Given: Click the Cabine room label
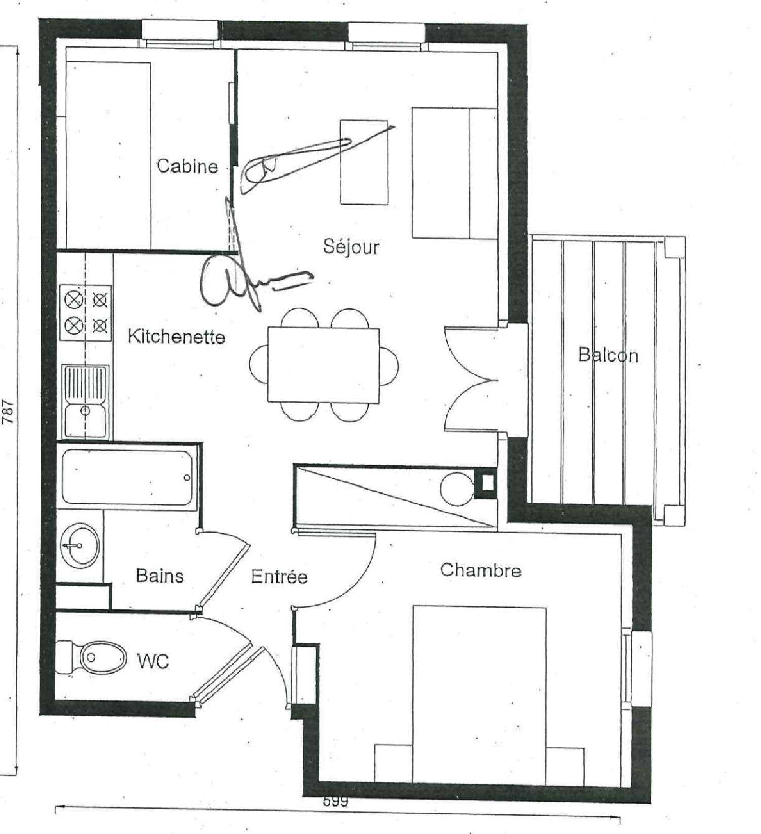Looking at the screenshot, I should pos(187,166).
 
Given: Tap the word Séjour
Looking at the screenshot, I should pos(351,247).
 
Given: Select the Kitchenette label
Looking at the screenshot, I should pos(176,337).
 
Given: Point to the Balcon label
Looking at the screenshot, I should pos(608,355).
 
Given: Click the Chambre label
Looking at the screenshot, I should pos(480,570).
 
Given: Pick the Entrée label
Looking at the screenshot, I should pos(280,577).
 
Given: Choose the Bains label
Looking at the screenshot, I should pos(159,576).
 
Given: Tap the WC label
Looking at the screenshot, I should pos(153,661).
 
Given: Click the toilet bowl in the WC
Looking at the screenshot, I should pos(99,657).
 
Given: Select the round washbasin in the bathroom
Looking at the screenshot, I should pos(80,546).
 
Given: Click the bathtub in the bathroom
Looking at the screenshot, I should pos(127,477).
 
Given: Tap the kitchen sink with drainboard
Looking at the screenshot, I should pos(85,402).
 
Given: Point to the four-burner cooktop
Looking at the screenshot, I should pos(86,312).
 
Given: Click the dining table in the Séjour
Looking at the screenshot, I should pos(324,365).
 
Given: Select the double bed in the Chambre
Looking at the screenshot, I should pos(479,695).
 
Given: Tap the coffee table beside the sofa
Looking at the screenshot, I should pos(364,162).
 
